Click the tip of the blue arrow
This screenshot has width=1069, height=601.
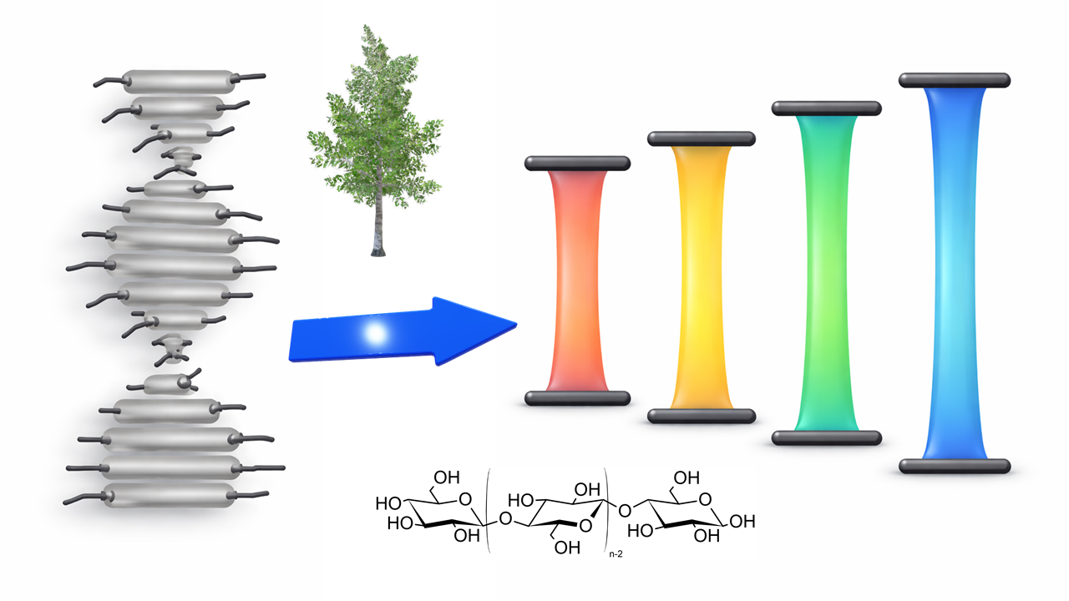point(517,326)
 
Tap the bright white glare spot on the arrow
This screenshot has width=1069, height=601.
point(376,333)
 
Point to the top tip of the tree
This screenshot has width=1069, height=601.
point(366,26)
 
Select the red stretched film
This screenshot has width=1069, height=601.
point(577,280)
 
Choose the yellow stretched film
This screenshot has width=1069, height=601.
point(701,276)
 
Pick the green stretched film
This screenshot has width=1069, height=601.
point(826,273)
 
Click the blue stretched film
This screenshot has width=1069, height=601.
point(954,273)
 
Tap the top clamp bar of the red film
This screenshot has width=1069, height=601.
point(577,163)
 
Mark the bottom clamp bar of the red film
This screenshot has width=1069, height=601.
point(577,398)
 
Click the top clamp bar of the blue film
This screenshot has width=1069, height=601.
point(955,80)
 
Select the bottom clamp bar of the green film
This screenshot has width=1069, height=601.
point(827,438)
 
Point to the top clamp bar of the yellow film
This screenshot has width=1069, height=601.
point(702,139)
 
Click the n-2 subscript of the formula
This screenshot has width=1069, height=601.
point(616,554)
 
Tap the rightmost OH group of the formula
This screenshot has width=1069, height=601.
point(742,522)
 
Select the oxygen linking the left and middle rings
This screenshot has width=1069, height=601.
point(505,519)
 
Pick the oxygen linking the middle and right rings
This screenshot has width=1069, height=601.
point(624,512)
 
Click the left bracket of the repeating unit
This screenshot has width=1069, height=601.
point(488,510)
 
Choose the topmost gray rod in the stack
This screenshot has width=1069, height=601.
point(180,82)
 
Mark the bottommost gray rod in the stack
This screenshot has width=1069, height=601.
point(168,496)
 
